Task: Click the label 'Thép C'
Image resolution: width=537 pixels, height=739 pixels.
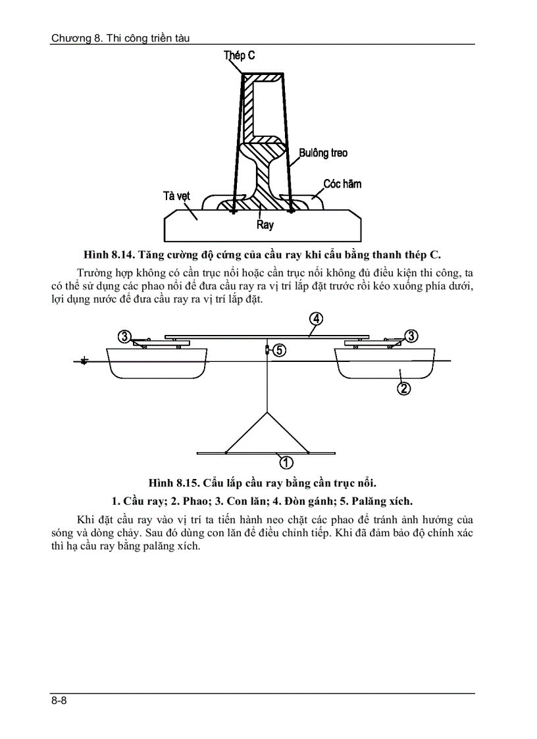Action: pos(240,55)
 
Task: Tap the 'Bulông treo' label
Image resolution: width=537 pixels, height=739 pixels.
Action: pos(323,153)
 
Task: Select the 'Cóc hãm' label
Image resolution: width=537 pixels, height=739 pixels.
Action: pos(342,184)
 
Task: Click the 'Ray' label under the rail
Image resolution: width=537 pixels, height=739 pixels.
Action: pos(265,225)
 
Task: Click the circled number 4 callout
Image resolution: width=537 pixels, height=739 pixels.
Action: pos(316,319)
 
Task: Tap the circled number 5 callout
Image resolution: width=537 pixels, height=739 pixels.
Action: pos(279,350)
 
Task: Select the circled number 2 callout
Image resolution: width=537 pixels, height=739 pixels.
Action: pos(404,388)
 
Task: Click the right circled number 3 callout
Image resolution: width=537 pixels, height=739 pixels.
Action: pos(411,336)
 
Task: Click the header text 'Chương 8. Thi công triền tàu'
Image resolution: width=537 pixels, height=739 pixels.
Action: pos(120,38)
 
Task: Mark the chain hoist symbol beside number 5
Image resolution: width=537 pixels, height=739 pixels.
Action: pos(267,350)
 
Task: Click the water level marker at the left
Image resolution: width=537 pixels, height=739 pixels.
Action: pos(84,361)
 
